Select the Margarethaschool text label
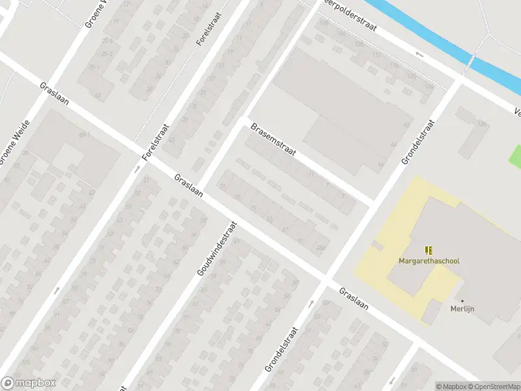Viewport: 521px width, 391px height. click(429, 261)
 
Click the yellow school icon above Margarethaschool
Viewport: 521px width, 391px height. click(429, 250)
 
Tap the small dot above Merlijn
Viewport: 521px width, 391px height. click(462, 301)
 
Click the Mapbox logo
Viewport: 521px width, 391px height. click(28, 383)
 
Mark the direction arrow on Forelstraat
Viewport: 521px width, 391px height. click(137, 169)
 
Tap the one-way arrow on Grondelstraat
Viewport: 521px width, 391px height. click(310, 303)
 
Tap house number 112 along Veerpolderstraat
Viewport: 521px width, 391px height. click(376, 55)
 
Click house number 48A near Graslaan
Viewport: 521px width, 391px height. click(320, 248)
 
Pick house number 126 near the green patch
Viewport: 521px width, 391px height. click(482, 124)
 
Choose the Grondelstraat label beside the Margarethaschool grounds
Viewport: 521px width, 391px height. click(417, 141)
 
